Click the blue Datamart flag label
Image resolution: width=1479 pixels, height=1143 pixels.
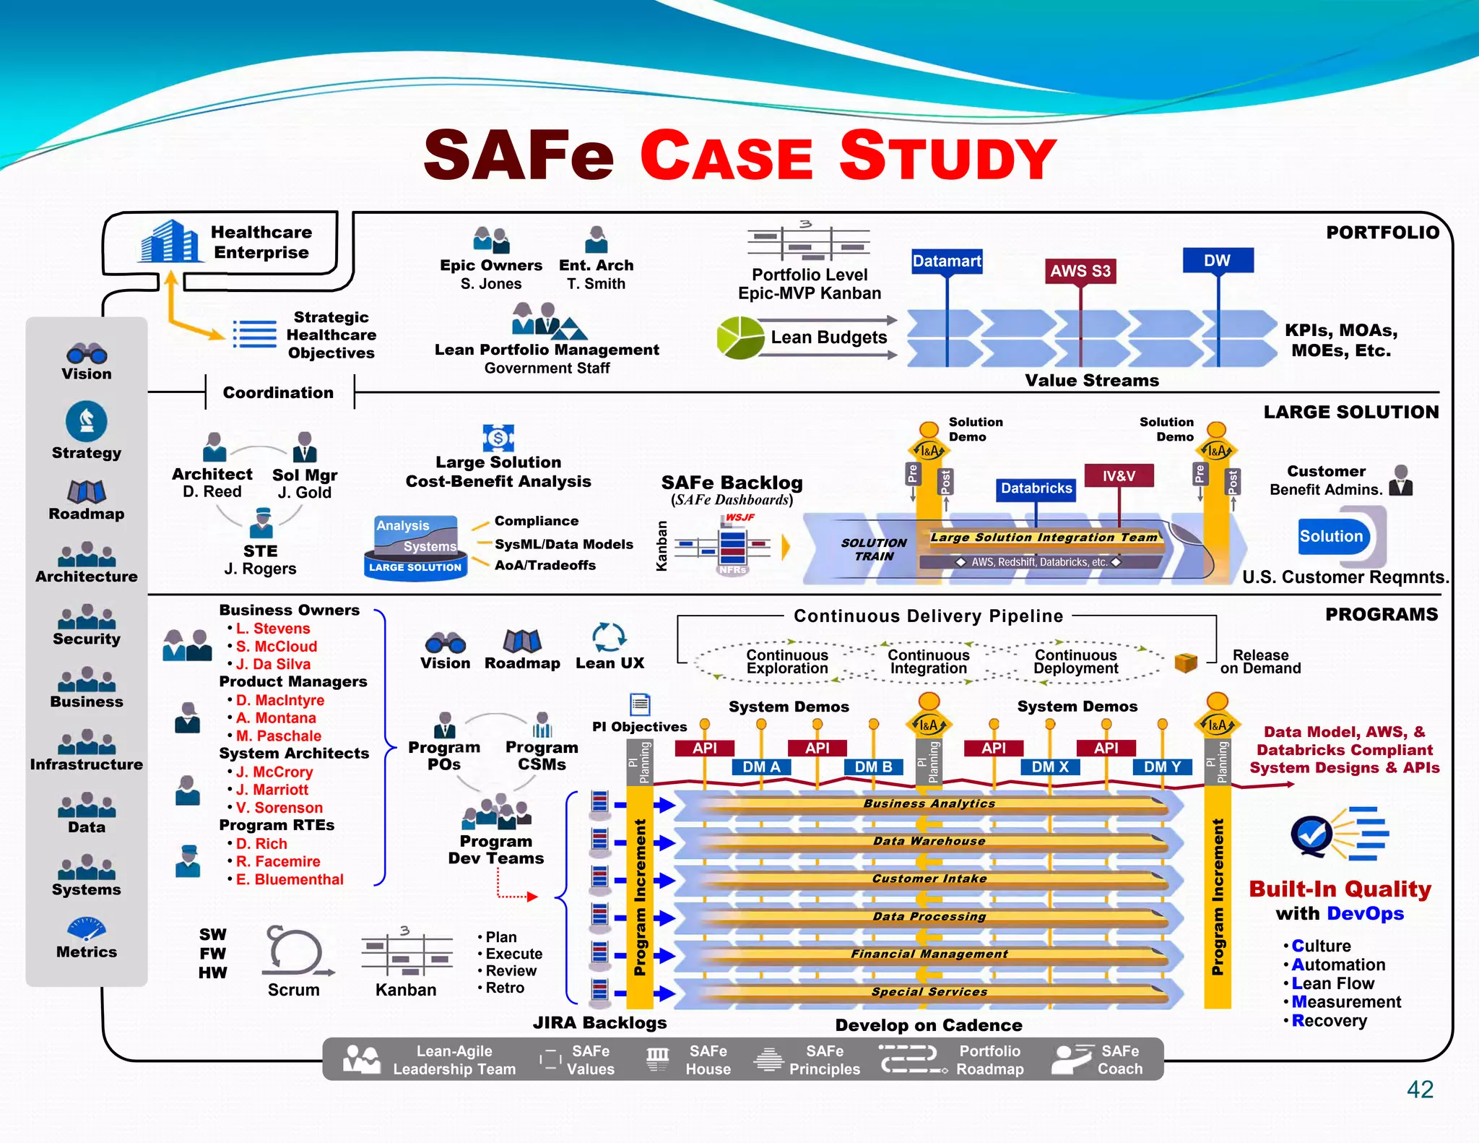(946, 261)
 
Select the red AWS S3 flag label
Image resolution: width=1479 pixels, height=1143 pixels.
(1080, 271)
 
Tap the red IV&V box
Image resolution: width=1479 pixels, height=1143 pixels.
(1118, 476)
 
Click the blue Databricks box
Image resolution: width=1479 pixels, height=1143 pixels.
(1036, 488)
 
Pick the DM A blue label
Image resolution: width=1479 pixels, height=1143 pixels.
(761, 767)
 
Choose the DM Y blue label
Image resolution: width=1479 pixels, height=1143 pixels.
(1162, 767)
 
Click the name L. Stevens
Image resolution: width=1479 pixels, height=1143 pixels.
(272, 629)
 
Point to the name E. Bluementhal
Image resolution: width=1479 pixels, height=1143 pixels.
(289, 879)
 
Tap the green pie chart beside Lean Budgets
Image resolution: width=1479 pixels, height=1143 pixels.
(740, 337)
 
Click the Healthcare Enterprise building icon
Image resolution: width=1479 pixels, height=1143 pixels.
(169, 241)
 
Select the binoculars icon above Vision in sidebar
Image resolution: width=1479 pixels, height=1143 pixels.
(87, 353)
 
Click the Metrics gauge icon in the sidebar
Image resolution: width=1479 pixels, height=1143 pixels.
(87, 928)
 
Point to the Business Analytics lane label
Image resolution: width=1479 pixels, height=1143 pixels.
(929, 803)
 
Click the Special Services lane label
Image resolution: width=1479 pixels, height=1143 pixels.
(929, 991)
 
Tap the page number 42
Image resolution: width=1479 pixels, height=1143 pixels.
(1420, 1089)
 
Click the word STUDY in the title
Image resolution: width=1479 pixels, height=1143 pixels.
(947, 156)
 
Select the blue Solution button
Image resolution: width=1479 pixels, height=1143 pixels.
(1331, 536)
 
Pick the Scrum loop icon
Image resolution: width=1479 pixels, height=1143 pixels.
(295, 950)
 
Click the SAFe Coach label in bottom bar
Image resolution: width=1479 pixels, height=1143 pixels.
(1120, 1060)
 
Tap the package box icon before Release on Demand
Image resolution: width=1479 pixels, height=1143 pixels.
(1185, 662)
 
